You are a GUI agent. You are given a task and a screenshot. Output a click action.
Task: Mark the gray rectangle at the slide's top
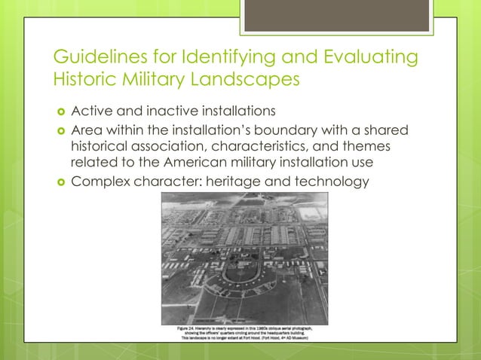coord(336,16)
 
